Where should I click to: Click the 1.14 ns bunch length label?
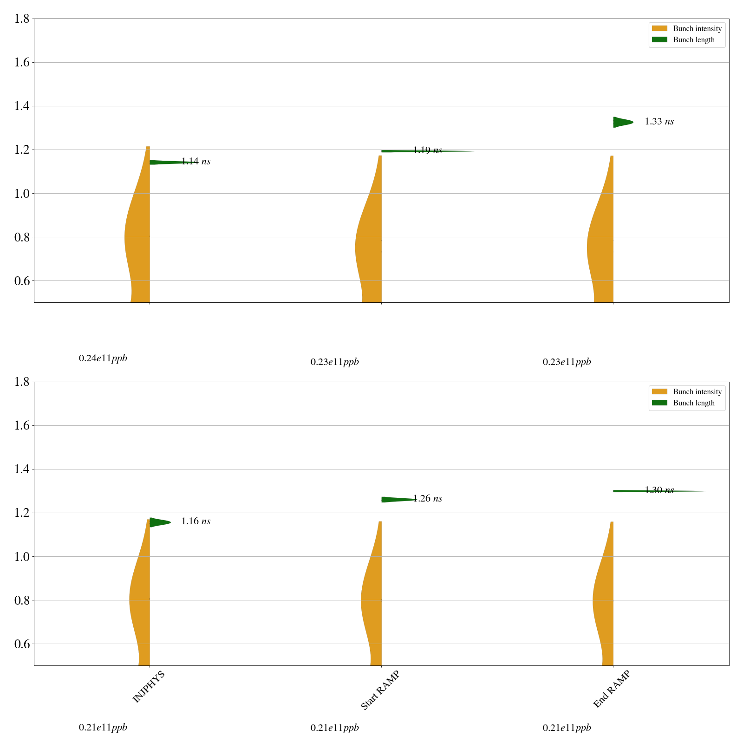(196, 162)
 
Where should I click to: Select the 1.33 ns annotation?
(659, 122)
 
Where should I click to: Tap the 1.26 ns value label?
(427, 499)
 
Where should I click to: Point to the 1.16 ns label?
(196, 521)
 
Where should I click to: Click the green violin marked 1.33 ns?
(621, 122)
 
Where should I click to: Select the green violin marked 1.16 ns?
(158, 522)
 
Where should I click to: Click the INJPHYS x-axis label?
(149, 687)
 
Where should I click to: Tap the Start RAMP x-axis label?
(380, 691)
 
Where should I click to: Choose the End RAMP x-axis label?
(612, 690)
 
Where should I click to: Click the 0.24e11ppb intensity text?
(103, 358)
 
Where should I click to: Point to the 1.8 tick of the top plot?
(21, 19)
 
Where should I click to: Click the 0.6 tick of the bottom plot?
(21, 644)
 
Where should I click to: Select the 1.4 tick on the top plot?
(21, 106)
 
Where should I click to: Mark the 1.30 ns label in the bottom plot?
(659, 490)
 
